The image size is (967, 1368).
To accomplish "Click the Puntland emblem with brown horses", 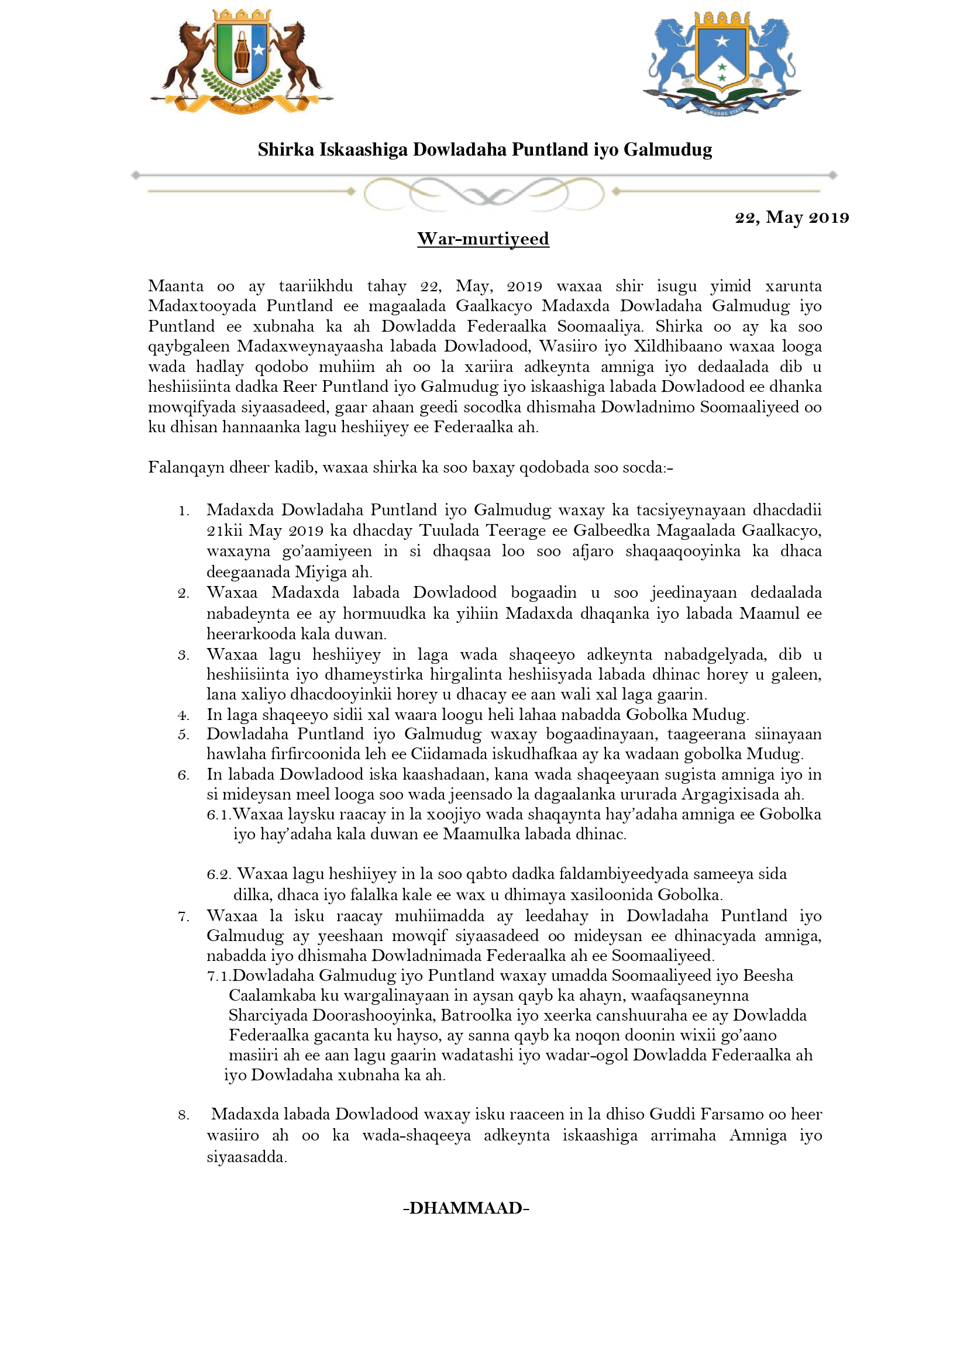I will point(241,61).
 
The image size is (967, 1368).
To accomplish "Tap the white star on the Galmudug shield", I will point(722,41).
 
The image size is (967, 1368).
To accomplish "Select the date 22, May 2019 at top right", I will point(792,218).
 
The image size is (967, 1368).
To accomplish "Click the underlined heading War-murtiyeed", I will point(483,239).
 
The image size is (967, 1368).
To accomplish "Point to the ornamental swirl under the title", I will point(484,193).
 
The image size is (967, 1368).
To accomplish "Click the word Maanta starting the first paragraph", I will point(175,286).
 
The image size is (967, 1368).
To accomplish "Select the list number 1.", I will point(184,511).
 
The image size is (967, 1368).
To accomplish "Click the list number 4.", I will point(184,715).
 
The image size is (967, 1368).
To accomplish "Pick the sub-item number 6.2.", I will point(219,874).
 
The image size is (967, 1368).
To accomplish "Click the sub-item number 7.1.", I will point(219,976).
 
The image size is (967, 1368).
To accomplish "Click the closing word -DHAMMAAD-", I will point(466,1208).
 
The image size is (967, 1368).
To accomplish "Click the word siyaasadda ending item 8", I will point(247,1157).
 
